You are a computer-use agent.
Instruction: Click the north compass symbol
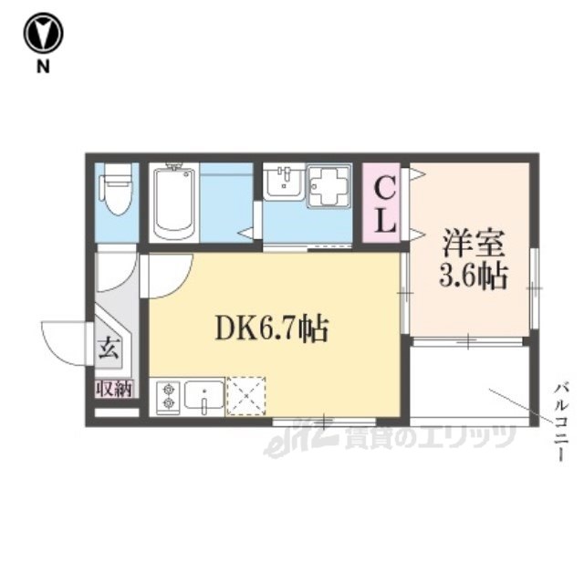tap(43, 33)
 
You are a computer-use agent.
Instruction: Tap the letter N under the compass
tap(43, 67)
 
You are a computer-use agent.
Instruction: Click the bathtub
tap(174, 203)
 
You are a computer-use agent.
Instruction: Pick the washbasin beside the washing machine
tap(284, 182)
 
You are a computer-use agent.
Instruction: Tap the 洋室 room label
tap(474, 244)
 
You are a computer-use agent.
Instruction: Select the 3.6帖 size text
tap(474, 276)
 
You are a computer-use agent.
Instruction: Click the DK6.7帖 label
tap(272, 328)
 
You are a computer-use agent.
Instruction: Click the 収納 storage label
tap(114, 389)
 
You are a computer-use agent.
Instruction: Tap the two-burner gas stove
tap(168, 396)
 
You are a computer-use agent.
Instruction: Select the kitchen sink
tap(204, 396)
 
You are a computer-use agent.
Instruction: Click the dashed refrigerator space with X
tap(246, 396)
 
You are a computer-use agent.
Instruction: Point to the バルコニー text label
tap(561, 422)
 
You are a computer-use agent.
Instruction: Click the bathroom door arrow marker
tap(247, 234)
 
